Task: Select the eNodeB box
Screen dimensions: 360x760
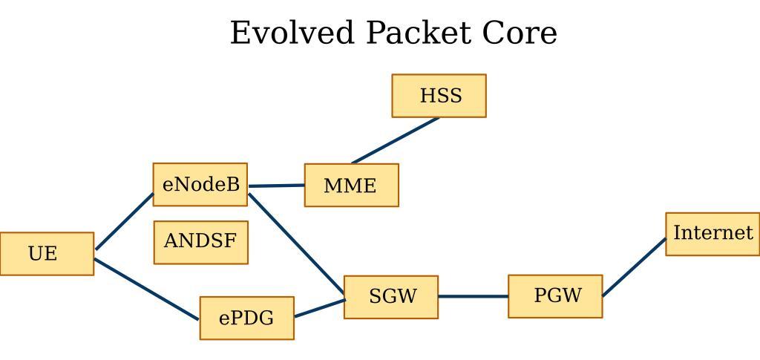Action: click(200, 185)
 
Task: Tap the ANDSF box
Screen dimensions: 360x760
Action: click(200, 242)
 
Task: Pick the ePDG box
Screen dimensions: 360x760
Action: click(246, 318)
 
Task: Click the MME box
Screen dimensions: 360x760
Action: click(351, 186)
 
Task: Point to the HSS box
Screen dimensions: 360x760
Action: click(439, 96)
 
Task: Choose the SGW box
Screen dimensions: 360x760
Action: click(391, 297)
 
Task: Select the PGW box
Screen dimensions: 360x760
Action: click(555, 296)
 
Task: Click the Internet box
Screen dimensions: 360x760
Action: click(712, 234)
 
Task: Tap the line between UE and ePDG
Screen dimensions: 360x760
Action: click(147, 289)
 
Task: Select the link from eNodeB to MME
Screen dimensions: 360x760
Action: click(276, 186)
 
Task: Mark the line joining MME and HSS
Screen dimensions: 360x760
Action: click(396, 140)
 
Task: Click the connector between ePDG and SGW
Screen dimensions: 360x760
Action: click(319, 309)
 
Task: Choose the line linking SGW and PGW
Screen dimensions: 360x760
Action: click(473, 296)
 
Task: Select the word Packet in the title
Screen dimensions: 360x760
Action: click(418, 33)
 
